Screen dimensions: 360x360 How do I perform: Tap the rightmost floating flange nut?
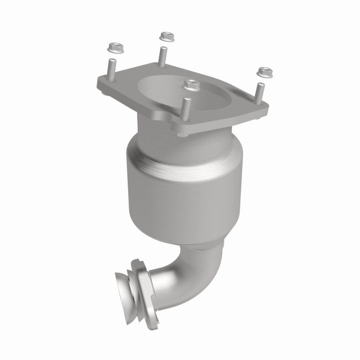(262, 72)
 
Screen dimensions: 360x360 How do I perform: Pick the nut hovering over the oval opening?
(190, 85)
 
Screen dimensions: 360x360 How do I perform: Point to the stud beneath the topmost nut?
(162, 55)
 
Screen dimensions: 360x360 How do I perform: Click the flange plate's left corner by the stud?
(102, 82)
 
